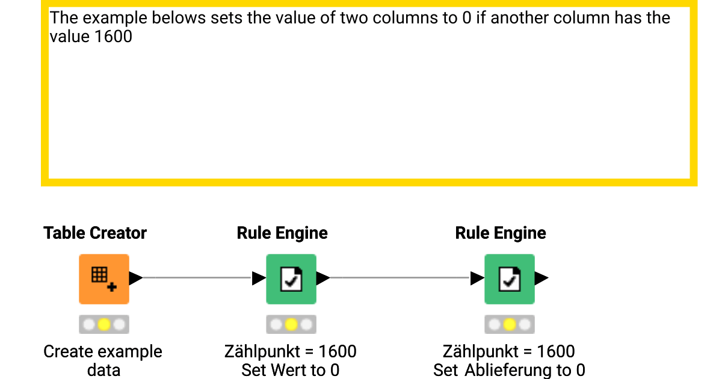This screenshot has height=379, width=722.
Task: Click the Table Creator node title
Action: [x=95, y=233]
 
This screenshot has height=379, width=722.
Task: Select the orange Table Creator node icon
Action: [x=103, y=279]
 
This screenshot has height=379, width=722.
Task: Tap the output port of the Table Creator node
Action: [x=136, y=278]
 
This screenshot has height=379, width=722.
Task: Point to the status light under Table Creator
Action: [x=103, y=325]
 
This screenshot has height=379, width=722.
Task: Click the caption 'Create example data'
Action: [x=103, y=360]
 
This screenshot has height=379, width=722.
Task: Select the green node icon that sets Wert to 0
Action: [x=291, y=279]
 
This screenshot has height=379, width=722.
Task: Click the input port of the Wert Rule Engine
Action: [x=259, y=278]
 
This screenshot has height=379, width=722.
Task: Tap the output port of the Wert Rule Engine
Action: [x=323, y=278]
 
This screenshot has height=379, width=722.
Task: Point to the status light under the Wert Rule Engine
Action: [x=291, y=325]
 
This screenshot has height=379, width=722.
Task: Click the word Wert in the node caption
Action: [x=286, y=370]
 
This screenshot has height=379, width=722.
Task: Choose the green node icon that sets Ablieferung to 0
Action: [x=510, y=279]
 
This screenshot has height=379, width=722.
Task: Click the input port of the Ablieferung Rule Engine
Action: [x=477, y=278]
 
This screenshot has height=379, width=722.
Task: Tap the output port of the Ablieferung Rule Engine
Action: [x=541, y=278]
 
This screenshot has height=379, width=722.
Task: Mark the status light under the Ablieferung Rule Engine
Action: [x=510, y=325]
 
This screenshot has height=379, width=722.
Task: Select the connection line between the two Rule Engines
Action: [x=400, y=278]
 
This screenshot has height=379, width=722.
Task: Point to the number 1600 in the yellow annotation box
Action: [x=114, y=37]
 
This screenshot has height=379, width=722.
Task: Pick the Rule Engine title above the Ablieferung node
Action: [x=501, y=233]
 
